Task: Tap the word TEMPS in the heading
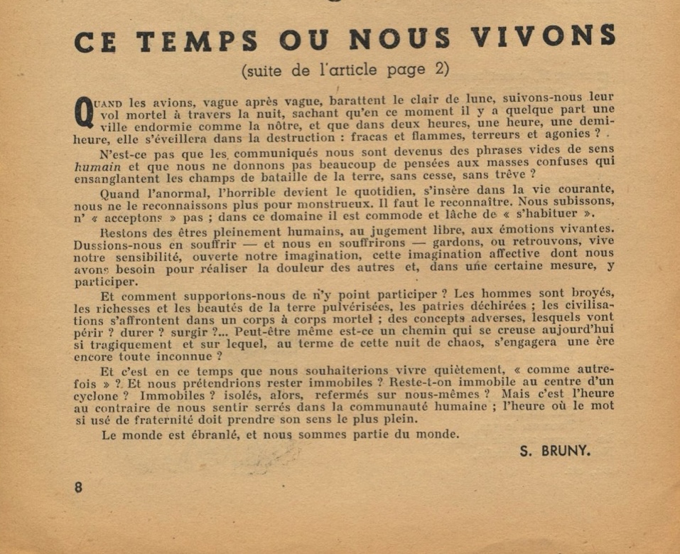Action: click(x=197, y=41)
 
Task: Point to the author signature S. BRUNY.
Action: click(x=555, y=450)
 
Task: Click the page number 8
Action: click(x=77, y=488)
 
